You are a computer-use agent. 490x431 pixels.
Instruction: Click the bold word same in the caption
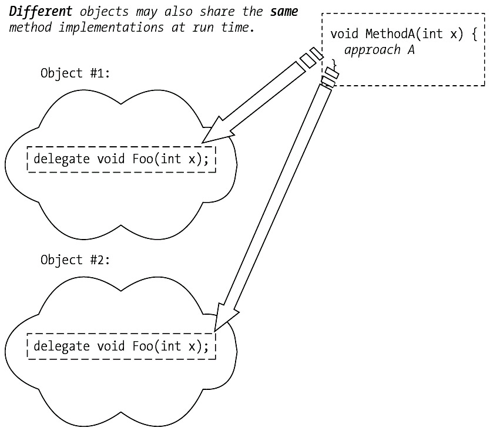click(284, 12)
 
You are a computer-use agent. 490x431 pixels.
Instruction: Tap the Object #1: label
click(75, 73)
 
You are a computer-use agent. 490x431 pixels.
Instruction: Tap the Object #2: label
click(75, 260)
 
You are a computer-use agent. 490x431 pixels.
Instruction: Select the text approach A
click(380, 50)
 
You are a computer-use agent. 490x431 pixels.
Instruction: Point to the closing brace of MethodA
click(334, 63)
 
